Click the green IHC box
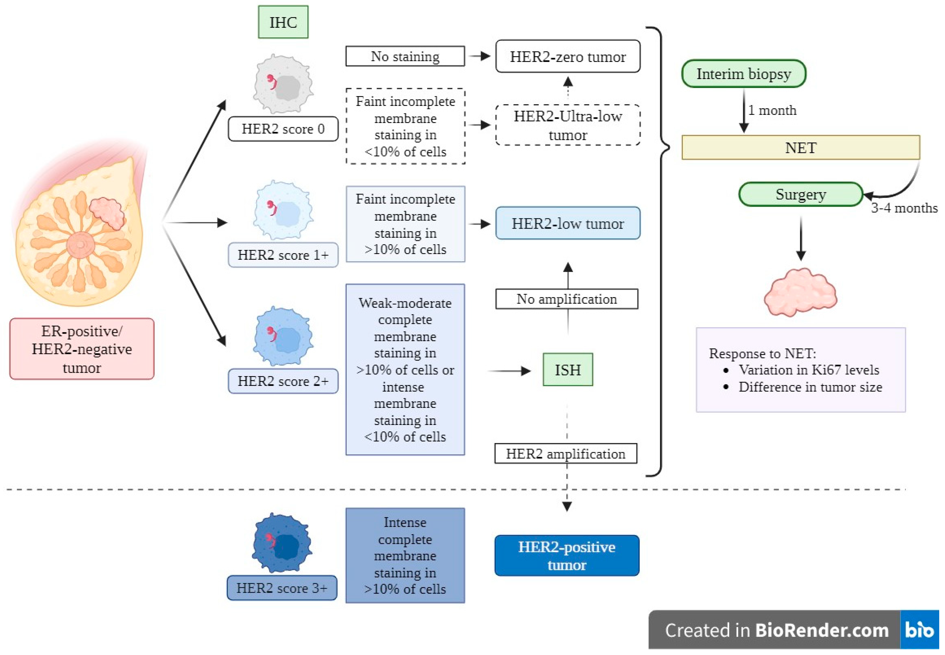283,22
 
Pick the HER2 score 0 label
283,129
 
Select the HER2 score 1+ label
283,255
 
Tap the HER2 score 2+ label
283,381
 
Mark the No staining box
405,56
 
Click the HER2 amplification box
566,453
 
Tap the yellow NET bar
800,147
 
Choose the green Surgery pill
800,194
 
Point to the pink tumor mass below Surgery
800,292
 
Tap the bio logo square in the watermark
919,629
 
